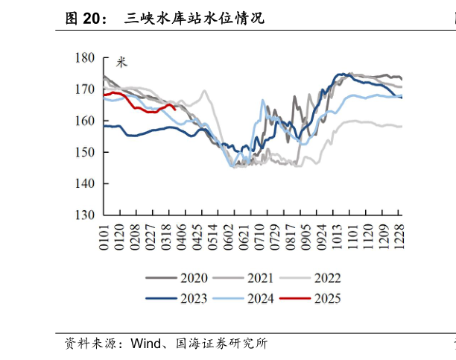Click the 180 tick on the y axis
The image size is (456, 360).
pyautogui.click(x=86, y=57)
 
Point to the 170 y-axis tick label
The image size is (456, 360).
pyautogui.click(x=86, y=89)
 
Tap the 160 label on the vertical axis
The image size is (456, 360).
pyautogui.click(x=86, y=121)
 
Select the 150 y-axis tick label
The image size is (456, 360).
pyautogui.click(x=86, y=152)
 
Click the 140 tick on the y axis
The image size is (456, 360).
pyautogui.click(x=86, y=183)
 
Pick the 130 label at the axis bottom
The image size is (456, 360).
pyautogui.click(x=86, y=215)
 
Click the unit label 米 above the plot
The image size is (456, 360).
pyautogui.click(x=121, y=62)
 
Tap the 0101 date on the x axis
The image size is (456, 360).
pyautogui.click(x=104, y=236)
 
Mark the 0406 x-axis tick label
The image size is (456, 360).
pyautogui.click(x=183, y=236)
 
